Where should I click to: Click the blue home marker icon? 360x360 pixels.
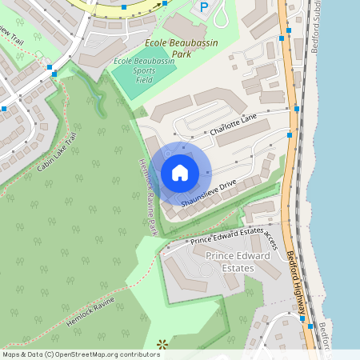pyautogui.click(x=180, y=173)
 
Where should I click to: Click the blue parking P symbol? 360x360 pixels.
pyautogui.click(x=204, y=7)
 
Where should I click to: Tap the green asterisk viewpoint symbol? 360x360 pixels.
pyautogui.click(x=162, y=345)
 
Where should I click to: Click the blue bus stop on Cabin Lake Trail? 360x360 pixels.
pyautogui.click(x=54, y=74)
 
